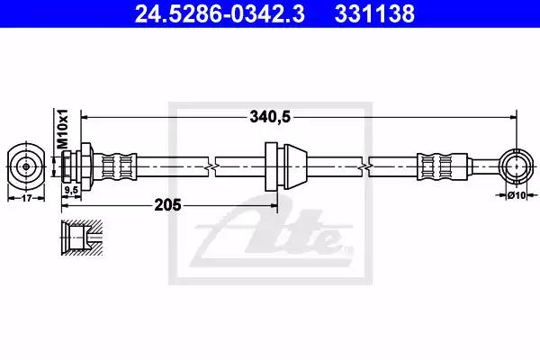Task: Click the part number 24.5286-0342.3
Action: (x=220, y=13)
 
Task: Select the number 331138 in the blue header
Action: (x=374, y=13)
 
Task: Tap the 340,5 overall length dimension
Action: (x=270, y=117)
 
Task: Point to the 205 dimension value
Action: (x=167, y=205)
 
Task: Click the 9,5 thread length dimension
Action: (x=71, y=190)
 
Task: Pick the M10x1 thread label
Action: (x=63, y=129)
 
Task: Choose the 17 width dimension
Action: (x=26, y=198)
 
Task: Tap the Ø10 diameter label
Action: (x=517, y=195)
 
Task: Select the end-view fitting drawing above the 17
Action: (x=26, y=166)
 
